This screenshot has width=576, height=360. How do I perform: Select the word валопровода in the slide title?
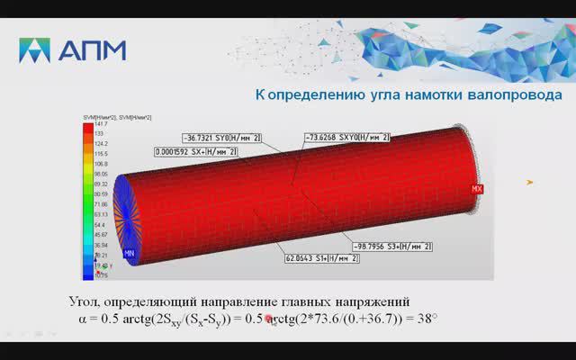(508, 94)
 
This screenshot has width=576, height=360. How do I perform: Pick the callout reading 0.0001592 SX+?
(195, 152)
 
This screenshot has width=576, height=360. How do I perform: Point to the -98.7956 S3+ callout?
(392, 246)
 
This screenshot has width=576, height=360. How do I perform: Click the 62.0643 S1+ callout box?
(322, 258)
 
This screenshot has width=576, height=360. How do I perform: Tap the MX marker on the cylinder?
(478, 189)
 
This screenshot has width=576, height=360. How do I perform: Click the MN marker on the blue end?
(129, 255)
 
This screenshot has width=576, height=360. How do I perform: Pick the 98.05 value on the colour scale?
(101, 174)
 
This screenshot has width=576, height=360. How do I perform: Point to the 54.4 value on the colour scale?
(99, 224)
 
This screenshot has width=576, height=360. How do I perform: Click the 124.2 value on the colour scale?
(100, 144)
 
